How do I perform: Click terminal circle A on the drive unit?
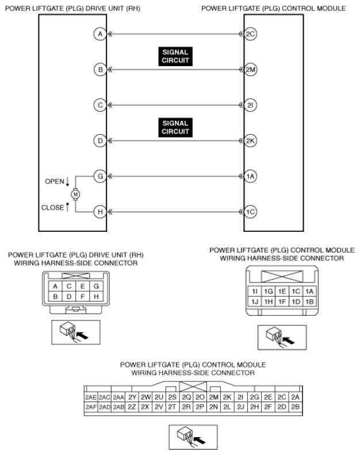100,34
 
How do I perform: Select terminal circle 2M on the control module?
250,70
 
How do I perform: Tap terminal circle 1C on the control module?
250,212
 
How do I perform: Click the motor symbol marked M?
76,194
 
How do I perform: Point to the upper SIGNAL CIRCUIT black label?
175,56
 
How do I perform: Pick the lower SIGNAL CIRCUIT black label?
175,127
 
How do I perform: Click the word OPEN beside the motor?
54,181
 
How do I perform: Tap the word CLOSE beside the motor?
52,208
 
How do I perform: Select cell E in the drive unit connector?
83,286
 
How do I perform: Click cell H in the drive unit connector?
96,297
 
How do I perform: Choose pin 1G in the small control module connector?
269,291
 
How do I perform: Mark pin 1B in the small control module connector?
309,301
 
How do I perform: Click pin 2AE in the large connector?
91,397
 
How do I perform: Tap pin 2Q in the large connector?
186,397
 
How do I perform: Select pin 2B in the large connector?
296,407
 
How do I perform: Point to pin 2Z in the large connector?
132,407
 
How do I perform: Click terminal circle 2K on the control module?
250,141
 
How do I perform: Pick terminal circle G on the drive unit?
100,177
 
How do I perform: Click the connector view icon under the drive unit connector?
76,332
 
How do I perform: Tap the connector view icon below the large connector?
193,437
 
